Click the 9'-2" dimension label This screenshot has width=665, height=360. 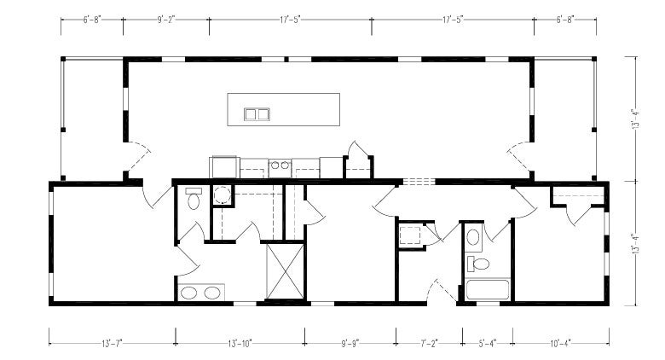pos(166,20)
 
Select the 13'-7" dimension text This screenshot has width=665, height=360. pos(112,343)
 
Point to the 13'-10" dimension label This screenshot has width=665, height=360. pos(240,343)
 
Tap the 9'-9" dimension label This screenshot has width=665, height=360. pos(350,343)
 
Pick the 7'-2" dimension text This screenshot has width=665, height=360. pos(429,343)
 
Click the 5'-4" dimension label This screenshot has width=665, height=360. pos(488,343)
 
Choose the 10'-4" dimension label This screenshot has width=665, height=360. pos(561,343)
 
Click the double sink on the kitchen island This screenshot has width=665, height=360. pos(257,114)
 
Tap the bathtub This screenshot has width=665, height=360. pos(488,290)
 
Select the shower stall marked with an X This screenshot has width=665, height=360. pos(285,271)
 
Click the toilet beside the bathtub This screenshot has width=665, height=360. pos(478,264)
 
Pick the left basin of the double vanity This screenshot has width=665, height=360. pos(188,293)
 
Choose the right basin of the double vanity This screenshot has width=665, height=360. pos(212,293)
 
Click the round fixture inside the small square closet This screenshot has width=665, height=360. pos(222,195)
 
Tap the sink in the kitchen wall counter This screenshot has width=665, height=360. pos(280,165)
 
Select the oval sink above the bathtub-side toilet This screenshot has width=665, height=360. pos(473,237)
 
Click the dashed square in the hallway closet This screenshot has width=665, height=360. pos(410,235)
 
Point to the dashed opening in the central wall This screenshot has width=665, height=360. pos(419,182)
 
